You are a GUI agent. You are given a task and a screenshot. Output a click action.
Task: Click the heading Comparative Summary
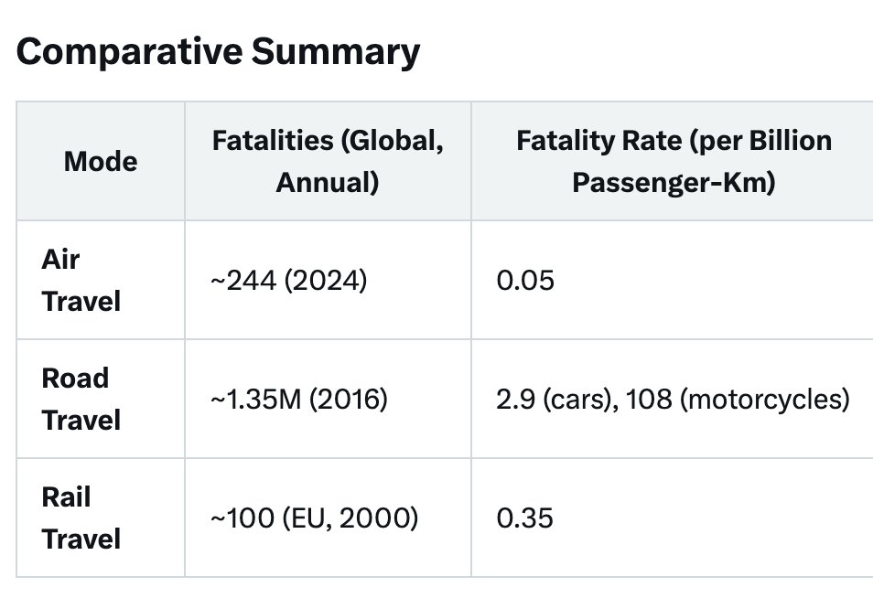218,53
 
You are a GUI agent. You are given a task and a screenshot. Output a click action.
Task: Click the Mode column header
101,162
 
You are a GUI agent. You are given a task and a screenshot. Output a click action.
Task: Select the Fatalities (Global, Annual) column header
328,162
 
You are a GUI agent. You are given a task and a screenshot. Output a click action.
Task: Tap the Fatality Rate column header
674,162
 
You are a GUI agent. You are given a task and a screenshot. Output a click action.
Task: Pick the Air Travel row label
81,281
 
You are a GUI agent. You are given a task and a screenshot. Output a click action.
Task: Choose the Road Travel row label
81,400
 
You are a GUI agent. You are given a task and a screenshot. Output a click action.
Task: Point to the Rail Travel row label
81,518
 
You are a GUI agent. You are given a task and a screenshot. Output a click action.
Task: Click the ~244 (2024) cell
288,281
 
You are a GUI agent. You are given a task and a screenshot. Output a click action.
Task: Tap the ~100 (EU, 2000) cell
314,518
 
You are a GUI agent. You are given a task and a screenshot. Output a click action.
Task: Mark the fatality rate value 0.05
524,281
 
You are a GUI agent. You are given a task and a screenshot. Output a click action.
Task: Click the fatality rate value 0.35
524,518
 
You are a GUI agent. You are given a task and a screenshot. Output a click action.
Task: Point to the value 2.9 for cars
512,400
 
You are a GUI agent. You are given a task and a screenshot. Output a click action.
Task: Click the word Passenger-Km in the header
674,183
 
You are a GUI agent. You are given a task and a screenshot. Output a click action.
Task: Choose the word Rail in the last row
66,497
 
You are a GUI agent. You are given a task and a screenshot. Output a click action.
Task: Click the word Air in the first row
60,260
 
